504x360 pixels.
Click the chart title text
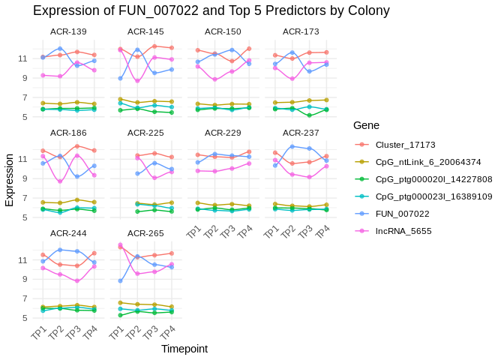(211, 10)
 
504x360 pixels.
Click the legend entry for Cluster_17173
(405, 145)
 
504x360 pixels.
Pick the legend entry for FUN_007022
(401, 214)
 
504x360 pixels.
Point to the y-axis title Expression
(10, 180)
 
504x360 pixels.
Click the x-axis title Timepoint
(184, 349)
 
